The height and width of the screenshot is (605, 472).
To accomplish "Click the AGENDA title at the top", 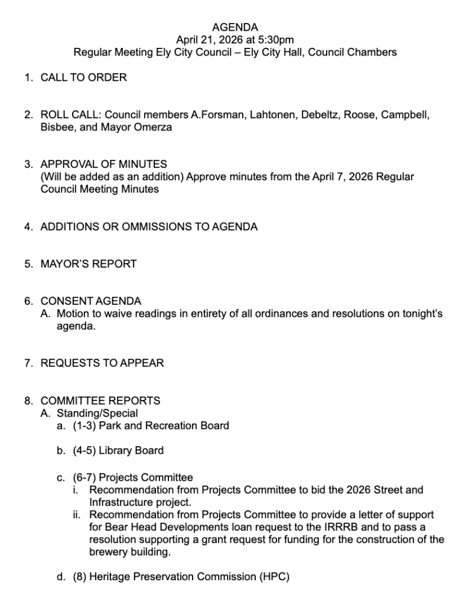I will (x=235, y=27).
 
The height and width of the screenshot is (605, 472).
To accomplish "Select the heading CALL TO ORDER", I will (x=83, y=77).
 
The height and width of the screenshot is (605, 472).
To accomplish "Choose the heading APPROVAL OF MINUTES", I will (x=103, y=164).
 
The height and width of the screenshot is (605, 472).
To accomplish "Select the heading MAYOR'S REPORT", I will (x=88, y=264).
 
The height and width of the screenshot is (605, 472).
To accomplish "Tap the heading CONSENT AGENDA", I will (x=90, y=301).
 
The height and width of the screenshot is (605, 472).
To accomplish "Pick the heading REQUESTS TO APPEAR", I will (x=102, y=363).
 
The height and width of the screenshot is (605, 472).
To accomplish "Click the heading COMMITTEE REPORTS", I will (x=100, y=401).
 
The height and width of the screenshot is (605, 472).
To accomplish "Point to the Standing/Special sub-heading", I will (x=97, y=413).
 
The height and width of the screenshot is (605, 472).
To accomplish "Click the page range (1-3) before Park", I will (x=85, y=425).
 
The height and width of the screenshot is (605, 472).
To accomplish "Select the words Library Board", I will (x=131, y=451).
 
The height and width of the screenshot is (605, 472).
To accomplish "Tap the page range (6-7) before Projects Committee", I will (x=85, y=477).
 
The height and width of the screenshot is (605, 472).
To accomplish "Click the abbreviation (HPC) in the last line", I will (x=274, y=577).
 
